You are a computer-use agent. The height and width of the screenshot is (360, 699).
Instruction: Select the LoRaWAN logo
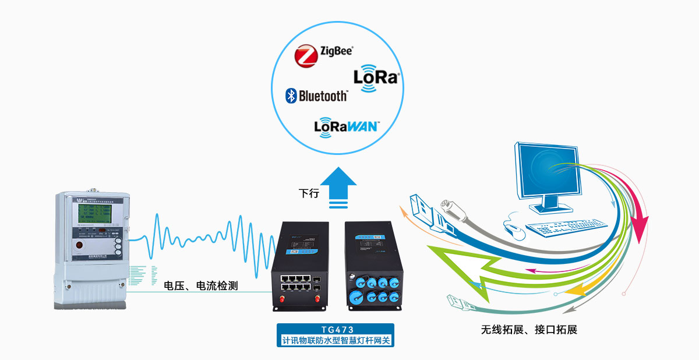tap(347, 126)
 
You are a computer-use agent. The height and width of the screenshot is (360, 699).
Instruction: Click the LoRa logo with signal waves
tap(376, 78)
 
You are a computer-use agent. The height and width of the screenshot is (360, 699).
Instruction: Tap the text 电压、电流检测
tap(201, 286)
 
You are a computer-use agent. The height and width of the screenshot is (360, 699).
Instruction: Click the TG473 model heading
tap(335, 330)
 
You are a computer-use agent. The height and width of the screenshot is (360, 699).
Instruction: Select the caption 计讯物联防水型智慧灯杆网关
tap(335, 340)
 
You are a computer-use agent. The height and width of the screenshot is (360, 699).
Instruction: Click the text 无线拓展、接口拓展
tap(529, 330)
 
